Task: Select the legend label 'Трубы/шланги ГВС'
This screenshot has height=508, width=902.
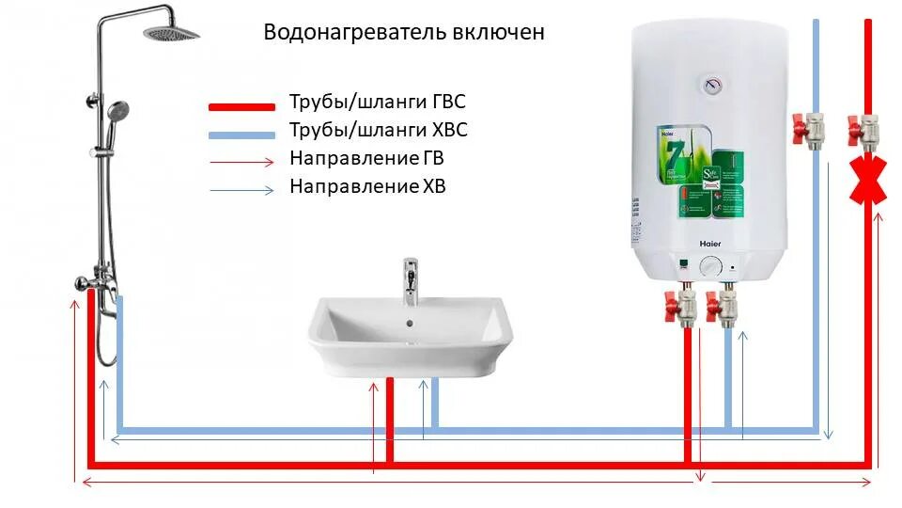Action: [378, 103]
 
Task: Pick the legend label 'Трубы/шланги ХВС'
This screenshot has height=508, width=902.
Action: [378, 131]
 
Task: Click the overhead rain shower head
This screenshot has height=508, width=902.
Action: [171, 33]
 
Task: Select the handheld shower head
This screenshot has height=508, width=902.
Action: [118, 112]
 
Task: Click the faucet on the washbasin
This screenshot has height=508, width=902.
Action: [411, 281]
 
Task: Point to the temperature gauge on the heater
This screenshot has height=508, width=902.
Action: [712, 86]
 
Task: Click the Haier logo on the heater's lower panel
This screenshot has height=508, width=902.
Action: [710, 243]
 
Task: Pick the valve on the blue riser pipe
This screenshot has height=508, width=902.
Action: [810, 126]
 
